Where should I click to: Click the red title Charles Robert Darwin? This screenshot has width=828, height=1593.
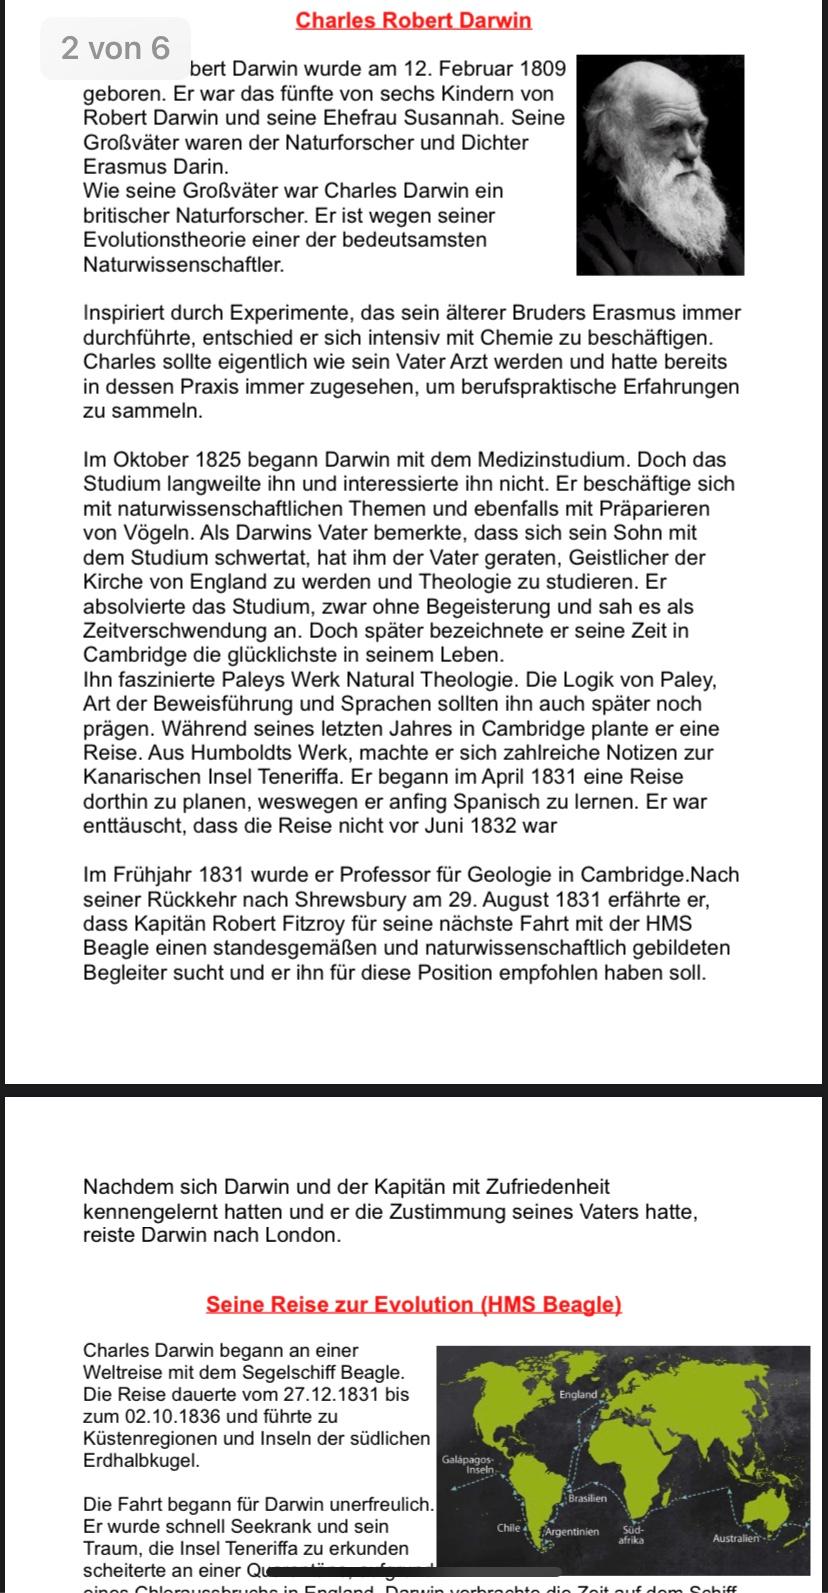coord(413,20)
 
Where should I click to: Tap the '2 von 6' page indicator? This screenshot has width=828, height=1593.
coord(115,48)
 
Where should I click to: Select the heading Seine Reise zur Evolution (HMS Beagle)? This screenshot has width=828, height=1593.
coord(413,1304)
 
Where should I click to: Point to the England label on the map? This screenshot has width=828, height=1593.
coord(578,1394)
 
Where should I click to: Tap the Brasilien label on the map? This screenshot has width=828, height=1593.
coord(587,1498)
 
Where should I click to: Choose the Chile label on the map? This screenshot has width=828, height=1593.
coord(509,1529)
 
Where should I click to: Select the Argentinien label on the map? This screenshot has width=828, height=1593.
coord(573,1532)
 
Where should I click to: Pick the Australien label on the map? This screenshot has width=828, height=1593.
coord(738,1538)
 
